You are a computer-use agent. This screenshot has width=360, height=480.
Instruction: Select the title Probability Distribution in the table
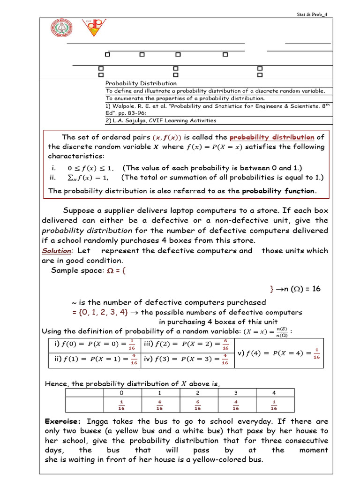pyautogui.click(x=141, y=83)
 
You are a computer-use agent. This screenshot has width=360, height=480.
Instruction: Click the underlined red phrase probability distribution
pyautogui.click(x=272, y=137)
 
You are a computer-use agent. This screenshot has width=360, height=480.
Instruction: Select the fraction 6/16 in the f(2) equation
pyautogui.click(x=225, y=345)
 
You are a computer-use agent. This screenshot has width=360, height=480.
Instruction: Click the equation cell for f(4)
pyautogui.click(x=280, y=353)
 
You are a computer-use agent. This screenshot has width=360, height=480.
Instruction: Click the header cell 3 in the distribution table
pyautogui.click(x=236, y=392)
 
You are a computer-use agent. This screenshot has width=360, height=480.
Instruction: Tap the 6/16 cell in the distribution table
pyautogui.click(x=197, y=405)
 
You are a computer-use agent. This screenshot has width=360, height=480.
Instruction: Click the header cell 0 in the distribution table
pyautogui.click(x=121, y=392)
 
